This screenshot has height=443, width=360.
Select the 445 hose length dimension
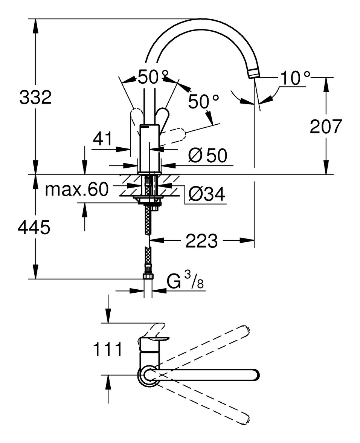34,228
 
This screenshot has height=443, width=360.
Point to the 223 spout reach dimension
201,241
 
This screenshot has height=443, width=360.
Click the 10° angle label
294,79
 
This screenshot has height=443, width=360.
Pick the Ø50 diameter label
209,155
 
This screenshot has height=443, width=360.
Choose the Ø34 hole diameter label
207,194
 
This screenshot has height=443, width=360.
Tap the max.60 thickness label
76,189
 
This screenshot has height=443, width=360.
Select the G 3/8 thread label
185,282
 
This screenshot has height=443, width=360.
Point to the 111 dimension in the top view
108,349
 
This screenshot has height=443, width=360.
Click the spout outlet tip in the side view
253,73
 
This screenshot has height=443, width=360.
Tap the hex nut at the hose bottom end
149,277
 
